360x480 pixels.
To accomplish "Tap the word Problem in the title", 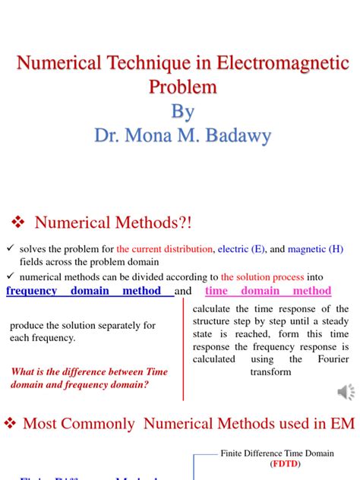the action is (182, 87).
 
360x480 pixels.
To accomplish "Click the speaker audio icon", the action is (346, 392).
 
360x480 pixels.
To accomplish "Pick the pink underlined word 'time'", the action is (216, 291).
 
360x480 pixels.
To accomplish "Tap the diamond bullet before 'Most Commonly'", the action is (11, 424).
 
